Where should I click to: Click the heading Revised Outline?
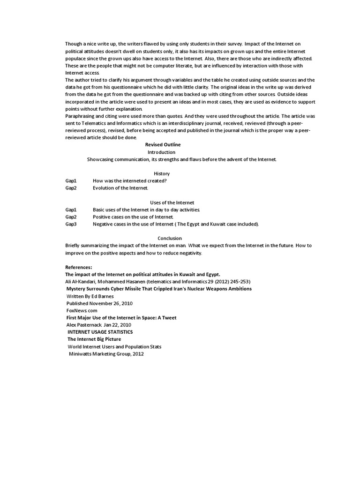tap(163, 145)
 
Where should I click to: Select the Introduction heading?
tap(161, 152)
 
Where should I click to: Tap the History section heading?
tap(162, 173)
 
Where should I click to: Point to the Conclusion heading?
tap(170, 238)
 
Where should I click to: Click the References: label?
tap(78, 267)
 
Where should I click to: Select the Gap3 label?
tap(71, 224)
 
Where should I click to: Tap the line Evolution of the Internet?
tap(120, 188)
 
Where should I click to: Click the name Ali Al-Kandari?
tap(80, 281)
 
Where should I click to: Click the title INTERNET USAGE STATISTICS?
tap(100, 332)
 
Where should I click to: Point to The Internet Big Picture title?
tap(94, 339)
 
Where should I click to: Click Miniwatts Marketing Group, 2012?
tap(106, 354)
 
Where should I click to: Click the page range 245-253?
tap(239, 281)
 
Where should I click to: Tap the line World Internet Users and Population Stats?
tap(114, 346)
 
